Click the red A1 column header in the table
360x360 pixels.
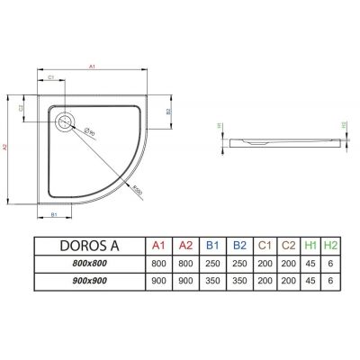[x=159, y=245]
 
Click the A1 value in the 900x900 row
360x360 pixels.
[x=159, y=281]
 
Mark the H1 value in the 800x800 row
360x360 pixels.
[x=309, y=263]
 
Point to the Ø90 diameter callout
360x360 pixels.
[x=91, y=130]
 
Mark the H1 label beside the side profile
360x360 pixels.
[x=220, y=126]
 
